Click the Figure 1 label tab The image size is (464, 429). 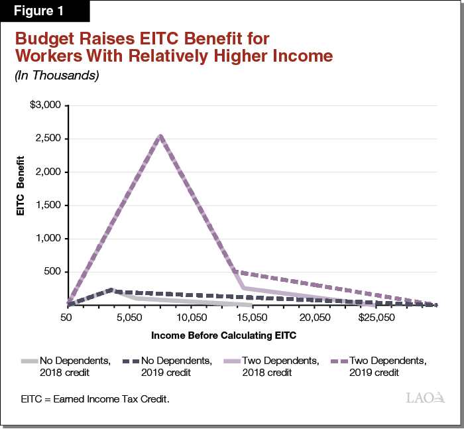click(44, 11)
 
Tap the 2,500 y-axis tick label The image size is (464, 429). click(48, 139)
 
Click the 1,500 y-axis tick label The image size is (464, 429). click(48, 206)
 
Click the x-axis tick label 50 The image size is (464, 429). click(66, 318)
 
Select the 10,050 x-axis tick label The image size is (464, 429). click(190, 318)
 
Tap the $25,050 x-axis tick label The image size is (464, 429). click(375, 318)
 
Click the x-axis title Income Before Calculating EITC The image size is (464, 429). click(223, 336)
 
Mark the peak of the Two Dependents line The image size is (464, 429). click(160, 135)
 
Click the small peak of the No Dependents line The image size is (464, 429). click(111, 290)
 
